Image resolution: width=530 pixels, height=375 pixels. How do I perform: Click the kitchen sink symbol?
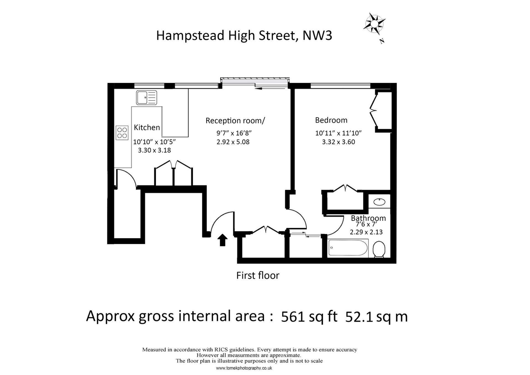(x=146, y=98)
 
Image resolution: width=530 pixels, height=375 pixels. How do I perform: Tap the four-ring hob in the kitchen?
(x=122, y=133)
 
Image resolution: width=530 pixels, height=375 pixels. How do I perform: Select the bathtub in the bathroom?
(x=348, y=248)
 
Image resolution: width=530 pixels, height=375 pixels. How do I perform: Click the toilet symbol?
(x=379, y=249)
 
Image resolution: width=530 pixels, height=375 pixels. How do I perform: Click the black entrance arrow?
(x=222, y=240)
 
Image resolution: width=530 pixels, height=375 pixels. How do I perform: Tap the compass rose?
(x=374, y=24)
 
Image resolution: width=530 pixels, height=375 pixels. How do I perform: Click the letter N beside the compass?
(x=382, y=41)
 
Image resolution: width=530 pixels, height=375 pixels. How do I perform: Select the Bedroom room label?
(x=331, y=120)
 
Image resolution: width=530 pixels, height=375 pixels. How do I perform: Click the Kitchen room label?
(x=147, y=127)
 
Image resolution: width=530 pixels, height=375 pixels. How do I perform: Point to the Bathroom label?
(x=368, y=218)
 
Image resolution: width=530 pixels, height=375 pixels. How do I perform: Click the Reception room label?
(x=235, y=121)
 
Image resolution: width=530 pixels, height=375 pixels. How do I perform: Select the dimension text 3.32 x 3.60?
(x=338, y=142)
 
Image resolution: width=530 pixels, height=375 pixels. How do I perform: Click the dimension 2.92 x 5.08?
(x=233, y=142)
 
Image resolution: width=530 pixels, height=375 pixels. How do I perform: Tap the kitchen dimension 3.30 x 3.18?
(x=154, y=150)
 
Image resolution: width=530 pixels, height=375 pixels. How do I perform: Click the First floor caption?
(x=258, y=275)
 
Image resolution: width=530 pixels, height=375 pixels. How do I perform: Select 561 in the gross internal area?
(x=293, y=317)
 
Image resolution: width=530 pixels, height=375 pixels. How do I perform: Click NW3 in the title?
(x=317, y=35)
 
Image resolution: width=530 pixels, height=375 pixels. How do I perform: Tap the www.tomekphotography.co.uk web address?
(x=244, y=368)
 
